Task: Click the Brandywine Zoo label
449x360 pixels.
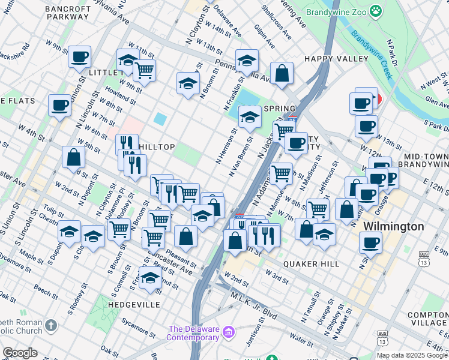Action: coord(336,11)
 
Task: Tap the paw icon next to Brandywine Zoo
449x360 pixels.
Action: coord(375,10)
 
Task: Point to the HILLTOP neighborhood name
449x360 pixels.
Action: coord(157,147)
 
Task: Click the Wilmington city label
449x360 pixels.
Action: coord(394,227)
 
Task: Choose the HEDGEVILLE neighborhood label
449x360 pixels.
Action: coord(134,305)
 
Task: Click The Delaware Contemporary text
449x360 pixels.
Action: coord(193,333)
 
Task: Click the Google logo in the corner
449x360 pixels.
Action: coord(20,353)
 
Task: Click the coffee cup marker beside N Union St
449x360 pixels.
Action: coord(79,58)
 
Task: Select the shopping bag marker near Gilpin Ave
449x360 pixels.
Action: coord(282,74)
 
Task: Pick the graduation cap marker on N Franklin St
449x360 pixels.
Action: coord(246,61)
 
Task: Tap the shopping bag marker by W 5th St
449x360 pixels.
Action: coord(73,157)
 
